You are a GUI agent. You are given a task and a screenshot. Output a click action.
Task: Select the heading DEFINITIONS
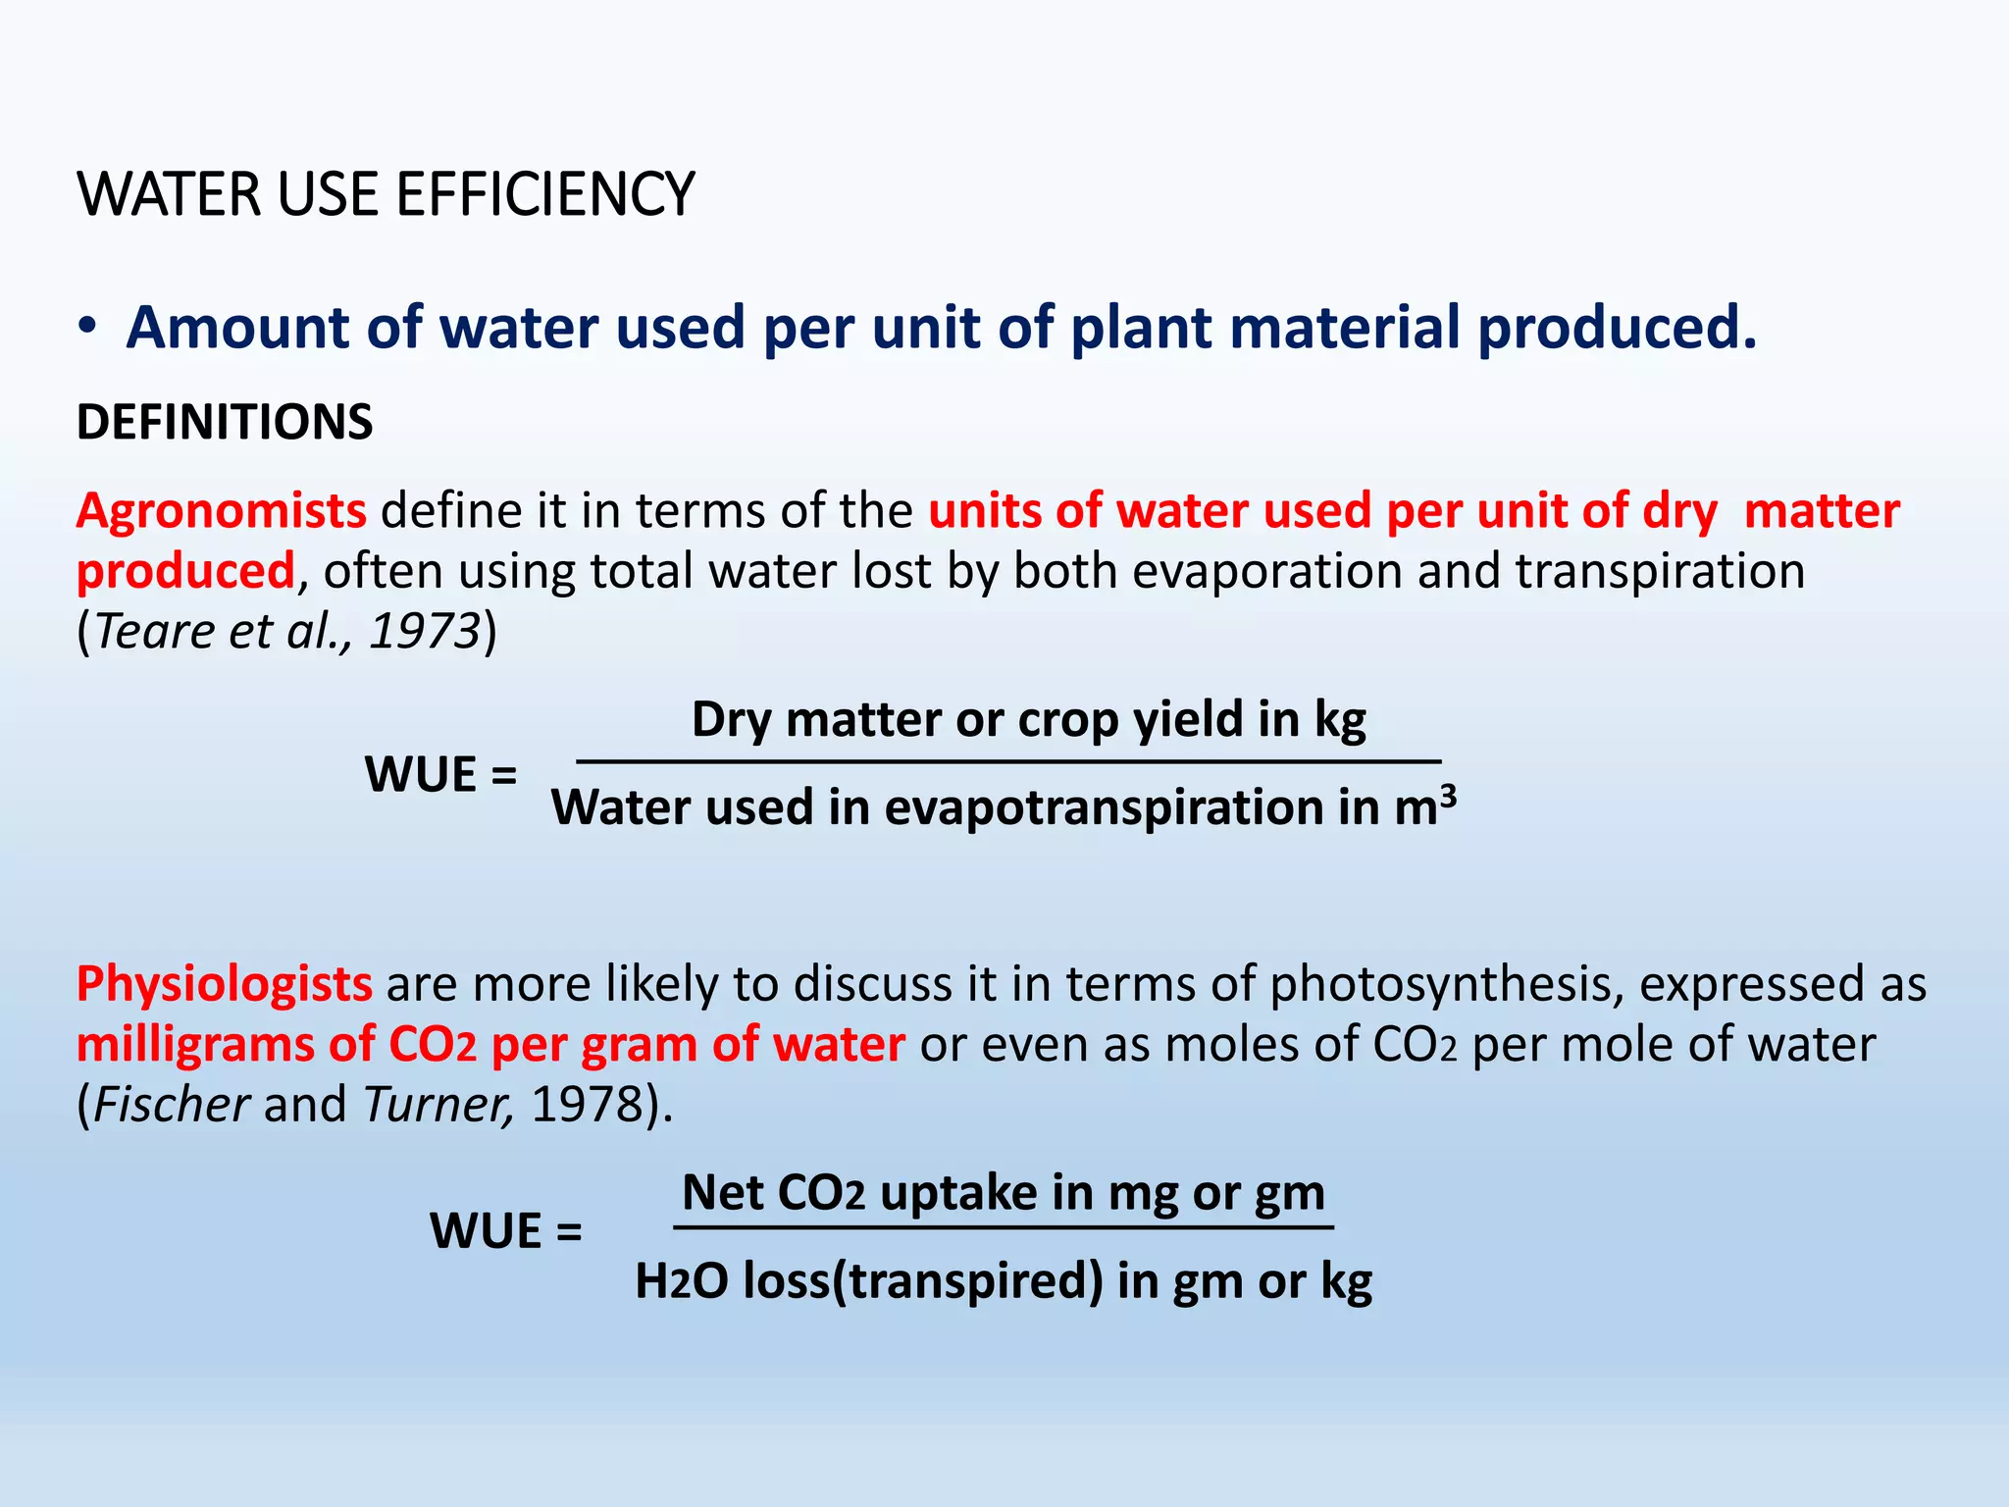pos(225,422)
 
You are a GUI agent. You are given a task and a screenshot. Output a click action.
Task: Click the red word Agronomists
pos(222,511)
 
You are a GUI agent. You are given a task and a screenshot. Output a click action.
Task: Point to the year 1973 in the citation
pos(424,631)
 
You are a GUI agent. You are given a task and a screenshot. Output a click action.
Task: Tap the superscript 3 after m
pos(1448,794)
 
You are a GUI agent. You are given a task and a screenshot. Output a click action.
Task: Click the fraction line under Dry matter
pos(1008,761)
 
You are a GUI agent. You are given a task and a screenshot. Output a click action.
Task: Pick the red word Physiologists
pos(225,984)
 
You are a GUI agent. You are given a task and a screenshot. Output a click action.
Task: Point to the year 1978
pos(586,1104)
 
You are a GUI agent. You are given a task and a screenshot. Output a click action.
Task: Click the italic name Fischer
pos(172,1104)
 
